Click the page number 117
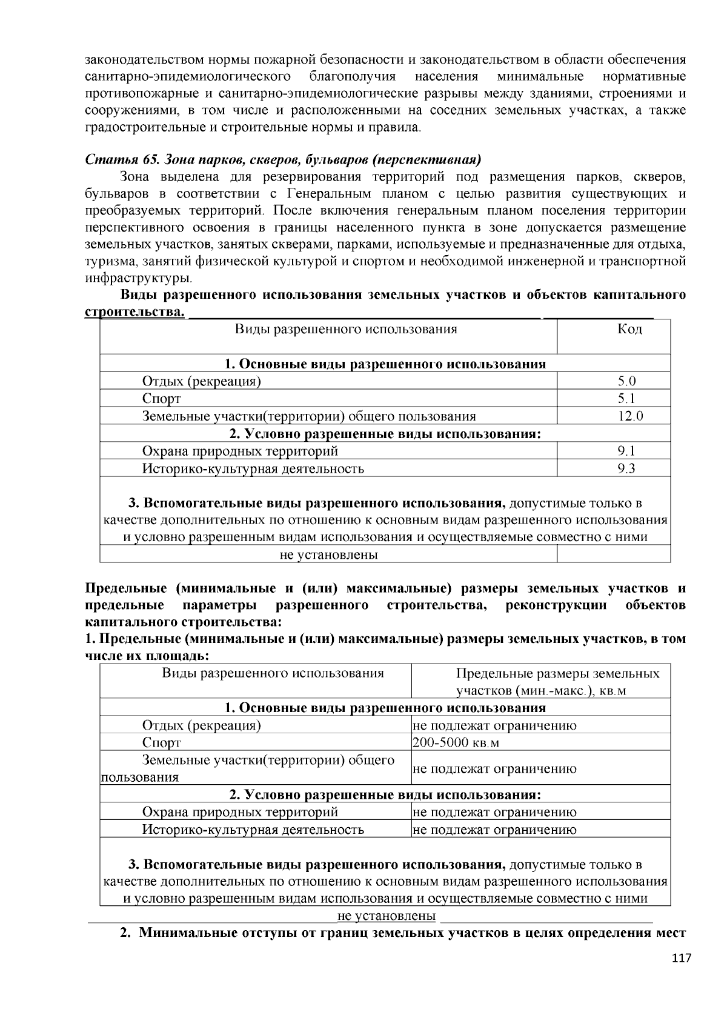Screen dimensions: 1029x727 pos(681,958)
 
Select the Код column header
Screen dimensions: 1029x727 pos(629,329)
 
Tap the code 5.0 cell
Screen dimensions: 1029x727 pos(626,381)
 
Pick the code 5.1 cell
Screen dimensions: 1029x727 pos(626,399)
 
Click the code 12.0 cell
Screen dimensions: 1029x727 pos(626,416)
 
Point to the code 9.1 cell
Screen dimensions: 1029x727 pos(626,451)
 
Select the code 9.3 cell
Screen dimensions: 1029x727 pos(626,468)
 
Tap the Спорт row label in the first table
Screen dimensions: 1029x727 pos(161,399)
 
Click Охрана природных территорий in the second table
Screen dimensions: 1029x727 pos(240,812)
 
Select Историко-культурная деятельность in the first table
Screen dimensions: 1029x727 pos(253,468)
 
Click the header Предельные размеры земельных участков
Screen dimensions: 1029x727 pos(557,682)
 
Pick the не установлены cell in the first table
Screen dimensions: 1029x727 pos(328,554)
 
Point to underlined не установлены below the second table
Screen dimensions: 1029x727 pos(387,916)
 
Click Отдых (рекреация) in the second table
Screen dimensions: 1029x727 pos(201,725)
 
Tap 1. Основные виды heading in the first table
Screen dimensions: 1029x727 pos(385,364)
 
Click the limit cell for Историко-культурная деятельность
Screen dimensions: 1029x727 pos(494,830)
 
